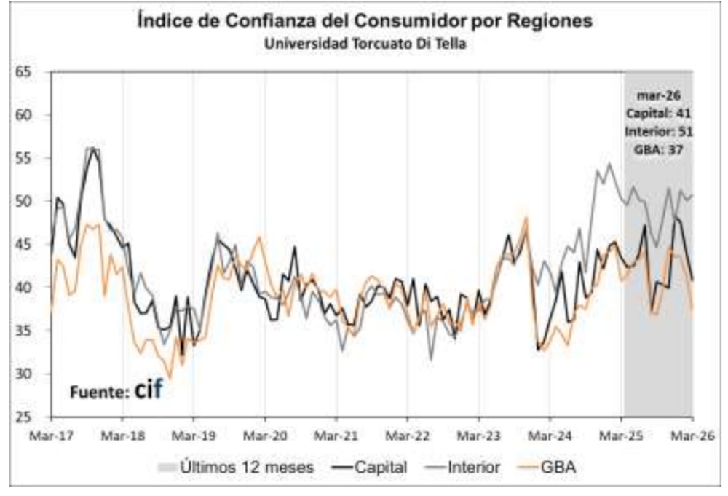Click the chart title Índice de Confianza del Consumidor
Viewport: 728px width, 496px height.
[x=364, y=22]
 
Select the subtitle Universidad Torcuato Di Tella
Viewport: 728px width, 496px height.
[x=364, y=44]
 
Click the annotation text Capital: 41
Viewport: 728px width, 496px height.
[x=658, y=113]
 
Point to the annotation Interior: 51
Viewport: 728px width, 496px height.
[x=658, y=131]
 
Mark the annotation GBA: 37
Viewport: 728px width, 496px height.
[x=658, y=149]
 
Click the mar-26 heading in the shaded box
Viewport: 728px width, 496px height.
[x=658, y=95]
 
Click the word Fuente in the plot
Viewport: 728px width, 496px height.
[x=100, y=392]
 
